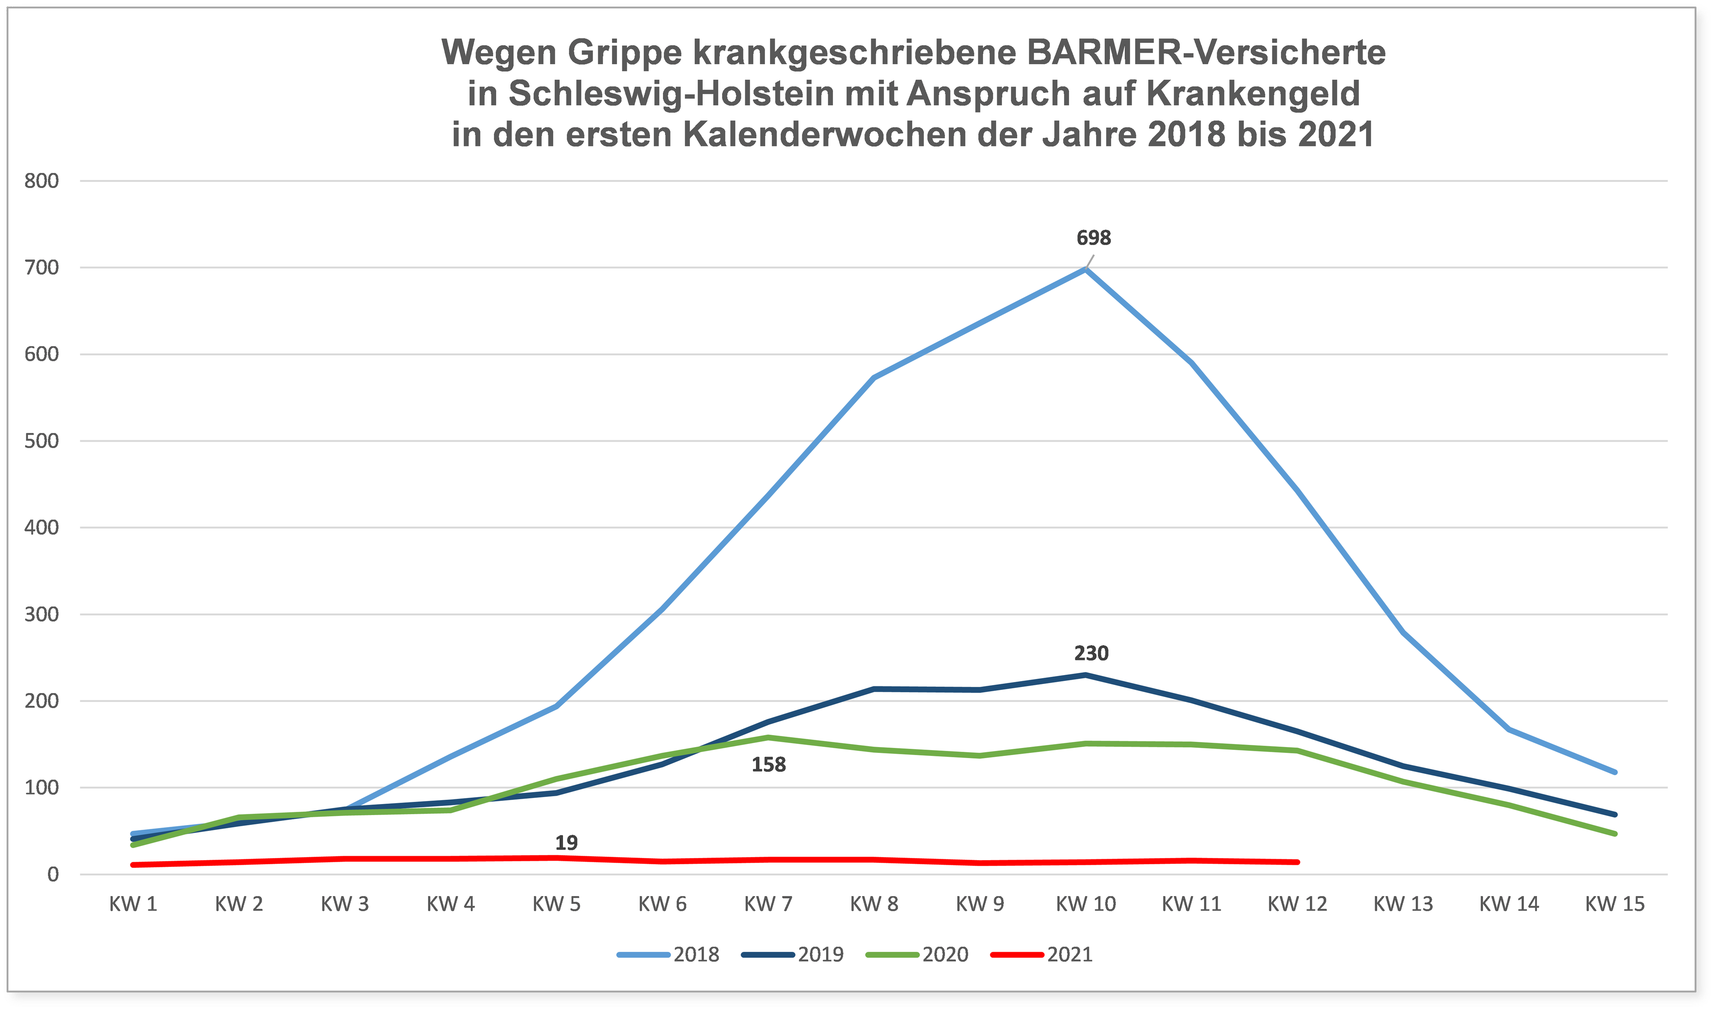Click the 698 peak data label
(x=1093, y=238)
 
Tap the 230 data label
(x=1091, y=653)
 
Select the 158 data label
(x=768, y=764)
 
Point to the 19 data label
(x=566, y=843)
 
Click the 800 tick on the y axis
(x=42, y=181)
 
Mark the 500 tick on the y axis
(x=42, y=441)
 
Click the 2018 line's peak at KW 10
(x=1086, y=269)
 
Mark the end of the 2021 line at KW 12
(x=1297, y=862)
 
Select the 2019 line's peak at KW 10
(x=1086, y=675)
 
